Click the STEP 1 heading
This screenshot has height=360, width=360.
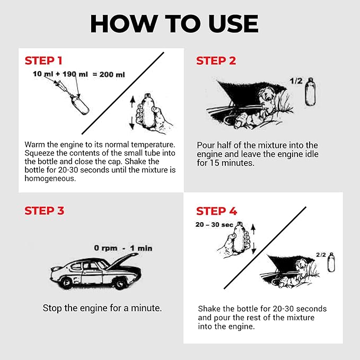tap(43, 60)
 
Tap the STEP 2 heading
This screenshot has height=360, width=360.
tap(216, 60)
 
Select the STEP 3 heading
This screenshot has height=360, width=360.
tap(44, 210)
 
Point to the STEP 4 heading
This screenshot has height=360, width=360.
tap(216, 211)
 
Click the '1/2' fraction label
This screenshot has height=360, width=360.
tap(296, 81)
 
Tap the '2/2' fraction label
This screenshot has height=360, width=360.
tap(321, 254)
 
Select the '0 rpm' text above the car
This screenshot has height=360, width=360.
tap(106, 248)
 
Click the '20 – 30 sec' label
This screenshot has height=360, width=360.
tap(214, 225)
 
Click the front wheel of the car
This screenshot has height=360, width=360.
tap(120, 283)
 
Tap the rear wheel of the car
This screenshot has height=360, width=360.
tap(67, 283)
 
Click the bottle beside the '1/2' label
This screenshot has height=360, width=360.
tap(310, 92)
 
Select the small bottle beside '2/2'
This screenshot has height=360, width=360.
tap(331, 262)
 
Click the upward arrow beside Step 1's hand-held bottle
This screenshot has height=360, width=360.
tap(132, 102)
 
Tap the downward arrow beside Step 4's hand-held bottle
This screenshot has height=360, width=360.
tap(254, 249)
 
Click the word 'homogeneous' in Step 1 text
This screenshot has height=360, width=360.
tap(50, 178)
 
